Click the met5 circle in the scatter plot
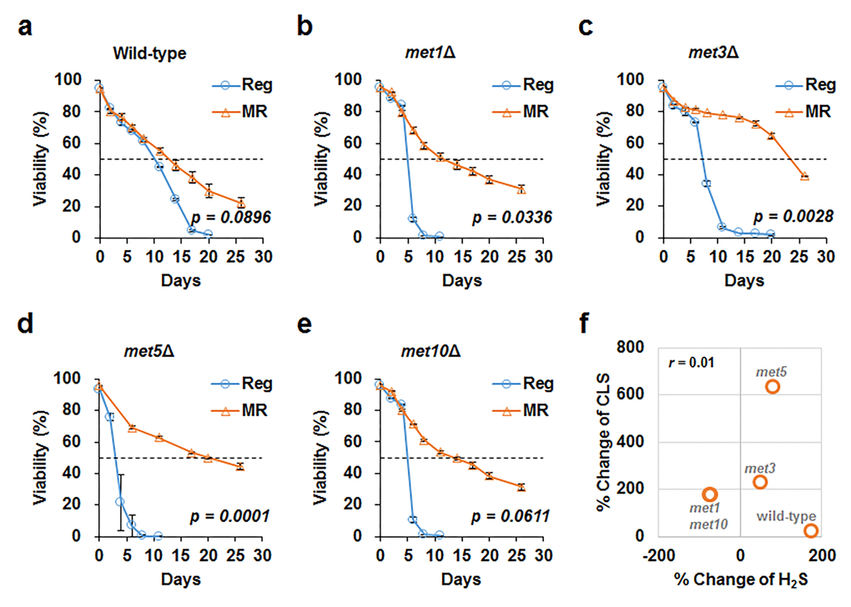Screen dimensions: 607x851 772,387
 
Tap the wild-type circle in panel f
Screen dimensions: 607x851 810,530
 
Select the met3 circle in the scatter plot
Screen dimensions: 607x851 760,482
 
